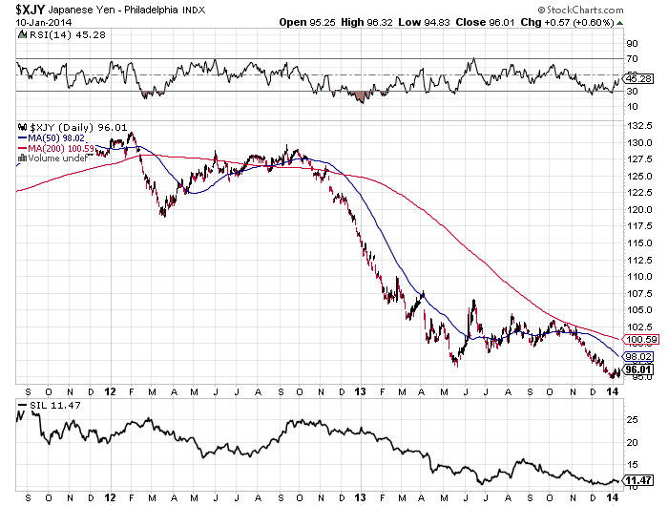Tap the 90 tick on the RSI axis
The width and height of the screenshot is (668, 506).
point(631,44)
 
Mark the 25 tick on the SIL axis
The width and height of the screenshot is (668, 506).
point(631,419)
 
